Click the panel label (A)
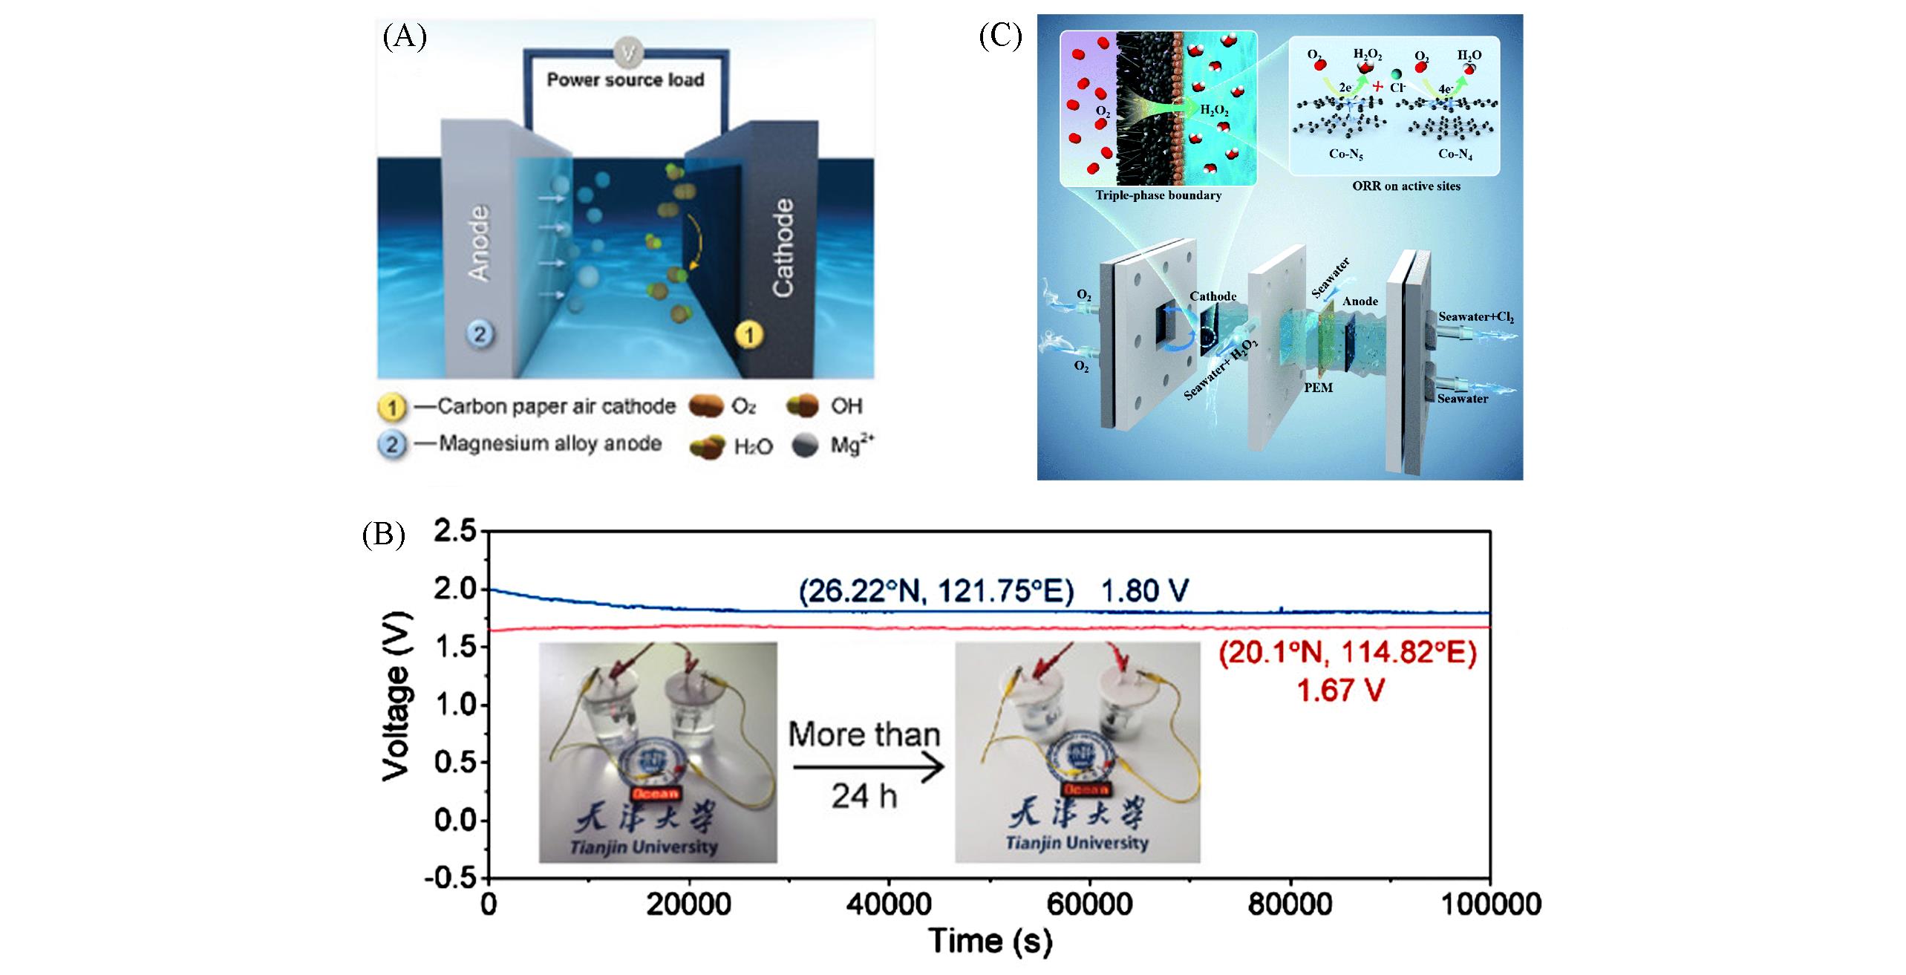[x=405, y=36]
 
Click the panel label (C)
[x=1000, y=35]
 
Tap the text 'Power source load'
[x=625, y=79]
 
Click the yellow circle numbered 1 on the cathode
[x=748, y=336]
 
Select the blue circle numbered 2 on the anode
[x=479, y=333]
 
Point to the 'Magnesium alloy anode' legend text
[x=550, y=443]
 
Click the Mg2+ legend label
[x=852, y=446]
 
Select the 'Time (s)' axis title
[x=990, y=941]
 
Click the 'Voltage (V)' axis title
[x=396, y=696]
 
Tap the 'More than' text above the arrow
[x=864, y=734]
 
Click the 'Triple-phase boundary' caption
[x=1158, y=196]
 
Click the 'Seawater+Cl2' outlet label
[x=1476, y=317]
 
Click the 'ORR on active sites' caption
[x=1406, y=186]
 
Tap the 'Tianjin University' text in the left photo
[x=658, y=847]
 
